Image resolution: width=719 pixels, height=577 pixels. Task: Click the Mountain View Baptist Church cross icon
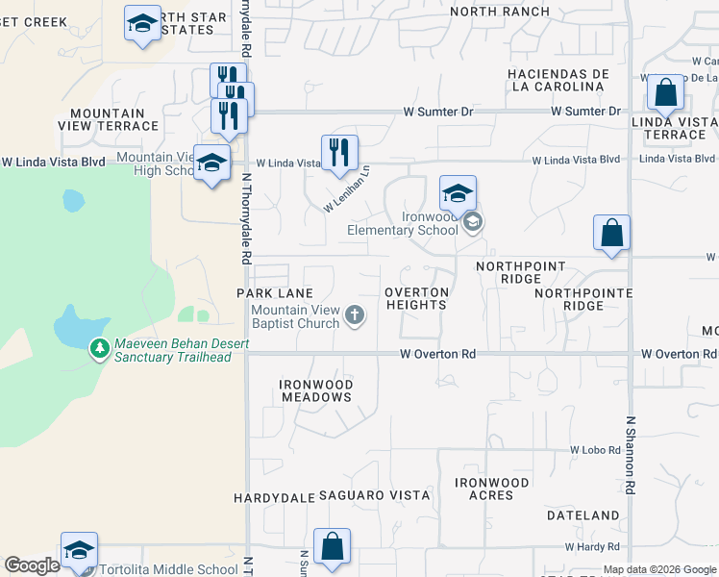coord(355,314)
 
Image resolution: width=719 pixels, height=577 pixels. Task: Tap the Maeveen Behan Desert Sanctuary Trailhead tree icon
coord(98,348)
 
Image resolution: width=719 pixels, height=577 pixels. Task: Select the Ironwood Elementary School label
coord(403,222)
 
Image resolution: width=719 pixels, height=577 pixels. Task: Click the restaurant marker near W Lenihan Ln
coord(339,153)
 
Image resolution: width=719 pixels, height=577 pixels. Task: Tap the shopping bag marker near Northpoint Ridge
coord(611,234)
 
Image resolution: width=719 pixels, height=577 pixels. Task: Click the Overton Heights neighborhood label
coord(417,298)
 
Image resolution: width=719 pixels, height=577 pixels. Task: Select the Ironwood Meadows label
coord(316,390)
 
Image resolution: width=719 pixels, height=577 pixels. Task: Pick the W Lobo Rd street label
coord(597,450)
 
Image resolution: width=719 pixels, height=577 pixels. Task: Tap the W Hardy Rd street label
coord(598,546)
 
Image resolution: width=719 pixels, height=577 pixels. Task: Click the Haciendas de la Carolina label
coord(557,80)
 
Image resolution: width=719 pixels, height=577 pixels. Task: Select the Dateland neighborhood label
coord(583,515)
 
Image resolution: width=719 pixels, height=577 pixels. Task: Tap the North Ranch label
coord(500,12)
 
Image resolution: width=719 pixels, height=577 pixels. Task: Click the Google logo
coord(32,565)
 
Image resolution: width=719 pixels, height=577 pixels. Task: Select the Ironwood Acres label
coord(492,489)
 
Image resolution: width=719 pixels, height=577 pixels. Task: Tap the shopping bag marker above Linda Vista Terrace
coord(664,93)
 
